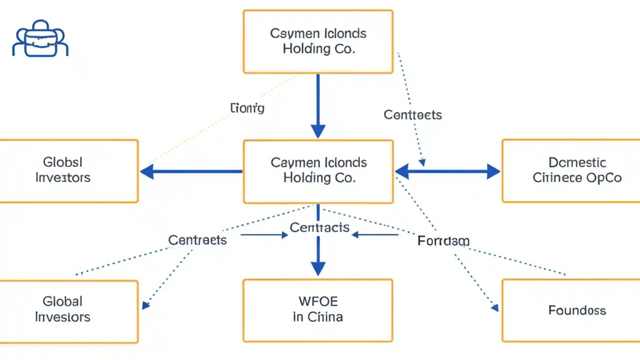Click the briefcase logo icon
tap(40, 39)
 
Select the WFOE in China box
tap(318, 310)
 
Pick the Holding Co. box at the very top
tap(318, 41)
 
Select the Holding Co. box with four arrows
tap(318, 171)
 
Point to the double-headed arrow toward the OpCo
tap(447, 172)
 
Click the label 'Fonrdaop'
tap(443, 241)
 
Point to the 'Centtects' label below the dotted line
tap(412, 115)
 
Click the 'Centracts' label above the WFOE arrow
tap(319, 227)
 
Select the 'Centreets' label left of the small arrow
tap(197, 240)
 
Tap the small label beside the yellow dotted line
tap(247, 107)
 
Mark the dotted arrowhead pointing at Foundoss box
tap(494, 308)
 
